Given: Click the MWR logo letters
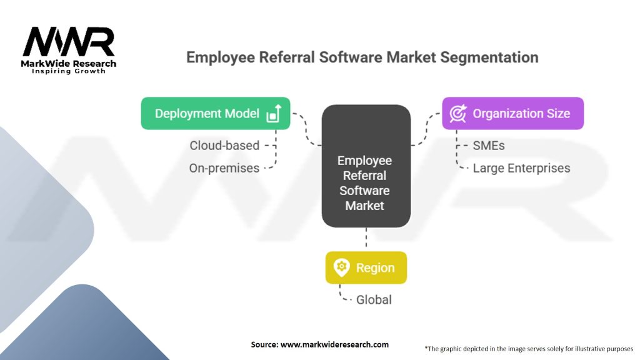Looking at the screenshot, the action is click(69, 42).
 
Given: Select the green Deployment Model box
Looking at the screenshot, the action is click(216, 114).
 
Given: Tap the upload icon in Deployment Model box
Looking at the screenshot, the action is click(274, 114).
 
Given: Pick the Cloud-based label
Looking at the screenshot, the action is click(224, 145).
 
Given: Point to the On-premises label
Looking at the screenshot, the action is click(224, 168).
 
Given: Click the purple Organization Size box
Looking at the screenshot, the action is click(512, 114).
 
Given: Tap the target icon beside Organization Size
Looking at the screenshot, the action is click(458, 114).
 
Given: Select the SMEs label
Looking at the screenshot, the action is click(489, 145).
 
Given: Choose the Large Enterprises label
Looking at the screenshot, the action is click(521, 168).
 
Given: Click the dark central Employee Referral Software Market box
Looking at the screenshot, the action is click(366, 166).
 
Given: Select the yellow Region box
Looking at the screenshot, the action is click(366, 267).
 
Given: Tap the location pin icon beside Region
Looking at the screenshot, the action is click(342, 267).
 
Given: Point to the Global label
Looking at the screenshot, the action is click(374, 299).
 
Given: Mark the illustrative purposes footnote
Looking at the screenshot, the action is click(529, 349).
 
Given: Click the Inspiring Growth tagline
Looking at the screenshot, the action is click(69, 71).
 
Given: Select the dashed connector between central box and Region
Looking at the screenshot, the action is click(366, 237).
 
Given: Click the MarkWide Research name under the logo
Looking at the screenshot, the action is click(69, 63).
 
